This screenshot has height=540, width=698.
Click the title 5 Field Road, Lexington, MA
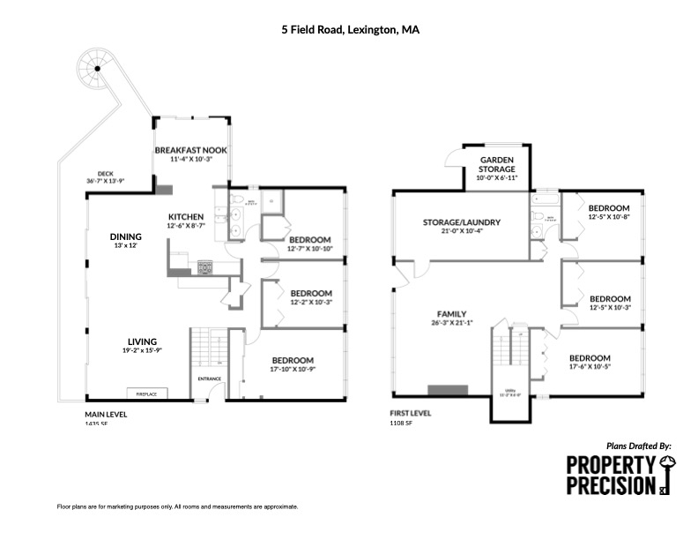pyautogui.click(x=350, y=29)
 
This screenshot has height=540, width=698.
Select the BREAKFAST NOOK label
pyautogui.click(x=191, y=151)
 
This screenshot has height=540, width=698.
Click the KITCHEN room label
pyautogui.click(x=186, y=216)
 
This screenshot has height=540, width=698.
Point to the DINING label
pyautogui.click(x=125, y=236)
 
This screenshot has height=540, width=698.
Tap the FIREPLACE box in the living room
pyautogui.click(x=146, y=394)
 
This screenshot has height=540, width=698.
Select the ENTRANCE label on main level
pyautogui.click(x=209, y=379)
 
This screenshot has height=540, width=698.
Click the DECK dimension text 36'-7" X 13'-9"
pyautogui.click(x=106, y=181)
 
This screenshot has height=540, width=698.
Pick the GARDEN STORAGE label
pyautogui.click(x=497, y=164)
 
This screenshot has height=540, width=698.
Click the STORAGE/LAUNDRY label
pyautogui.click(x=462, y=222)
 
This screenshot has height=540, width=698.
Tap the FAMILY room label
pyautogui.click(x=450, y=313)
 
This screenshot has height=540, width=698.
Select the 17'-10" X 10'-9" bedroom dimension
pyautogui.click(x=293, y=369)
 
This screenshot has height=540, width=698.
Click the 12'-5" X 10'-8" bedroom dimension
pyautogui.click(x=609, y=216)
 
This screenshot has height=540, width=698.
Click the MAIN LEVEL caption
pyautogui.click(x=103, y=414)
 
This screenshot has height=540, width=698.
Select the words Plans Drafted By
pyautogui.click(x=639, y=446)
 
